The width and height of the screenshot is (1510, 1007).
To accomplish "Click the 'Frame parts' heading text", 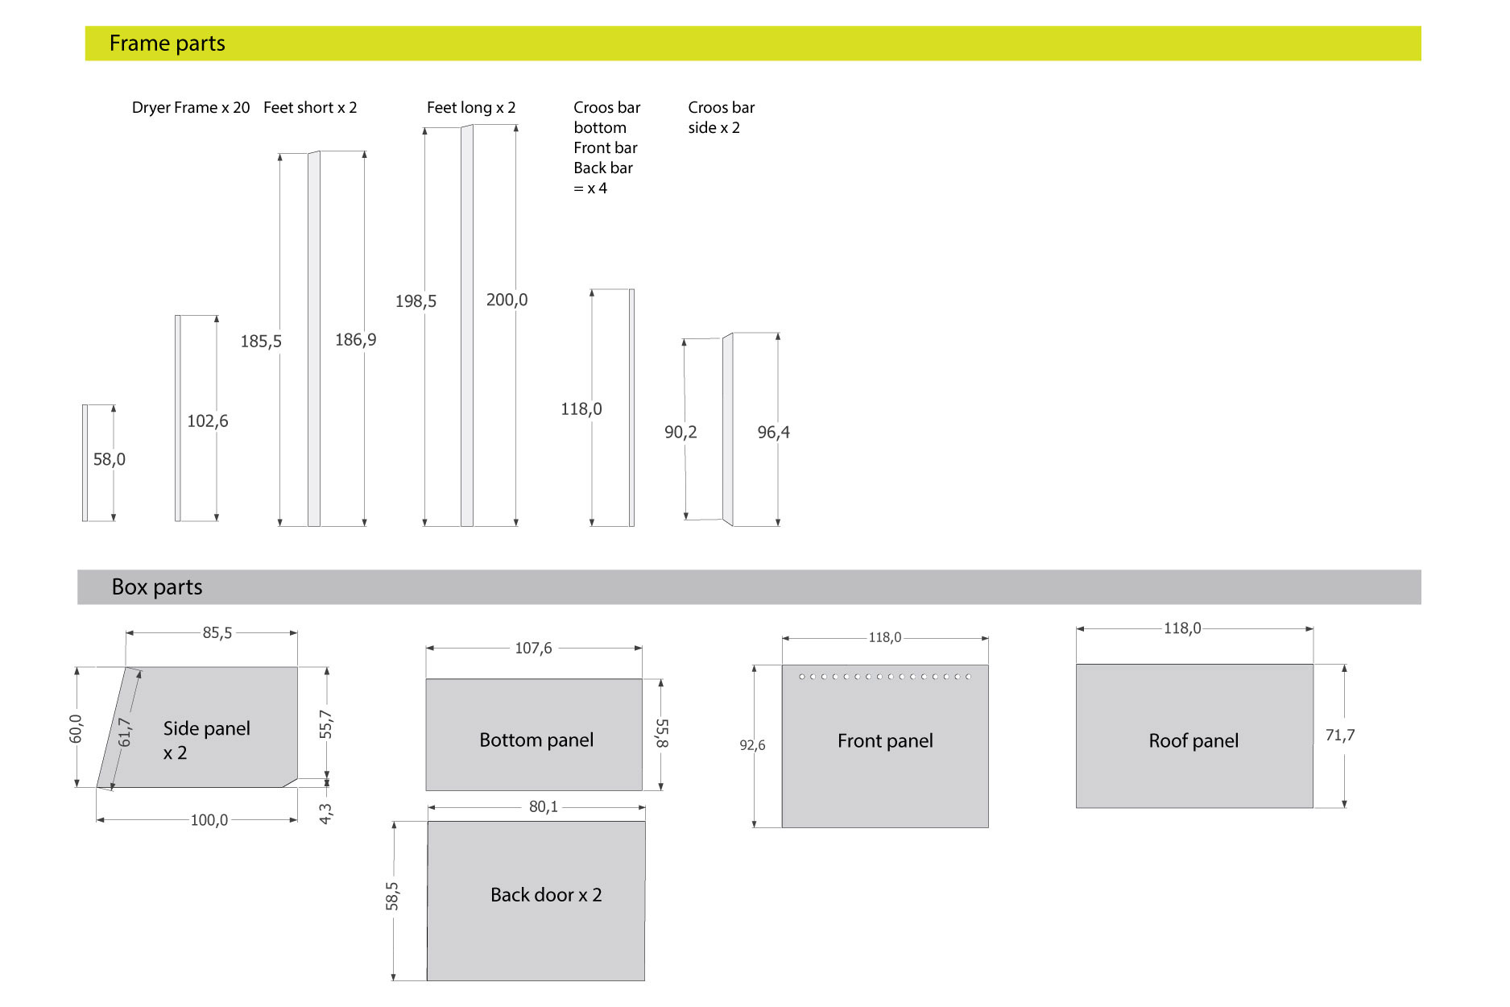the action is pyautogui.click(x=167, y=44).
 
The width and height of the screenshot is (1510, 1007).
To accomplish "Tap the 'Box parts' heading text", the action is pyautogui.click(x=157, y=587).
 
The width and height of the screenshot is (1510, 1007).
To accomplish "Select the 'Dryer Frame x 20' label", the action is pyautogui.click(x=191, y=108).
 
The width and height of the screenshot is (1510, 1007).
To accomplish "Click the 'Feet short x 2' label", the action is pyautogui.click(x=310, y=108).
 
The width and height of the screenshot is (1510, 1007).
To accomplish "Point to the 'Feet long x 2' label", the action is pyautogui.click(x=471, y=108).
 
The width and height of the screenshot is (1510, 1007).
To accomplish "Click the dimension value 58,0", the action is pyautogui.click(x=110, y=459).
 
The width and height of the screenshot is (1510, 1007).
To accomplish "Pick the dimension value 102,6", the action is pyautogui.click(x=208, y=421).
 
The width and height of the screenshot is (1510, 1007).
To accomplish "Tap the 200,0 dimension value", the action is pyautogui.click(x=507, y=300).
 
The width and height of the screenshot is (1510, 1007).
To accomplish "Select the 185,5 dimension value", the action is pyautogui.click(x=261, y=342).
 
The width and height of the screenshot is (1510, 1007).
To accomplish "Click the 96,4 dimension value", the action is pyautogui.click(x=773, y=433).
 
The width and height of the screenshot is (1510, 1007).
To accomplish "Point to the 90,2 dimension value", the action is pyautogui.click(x=681, y=433).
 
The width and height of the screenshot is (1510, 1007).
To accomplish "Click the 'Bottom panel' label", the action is pyautogui.click(x=536, y=740).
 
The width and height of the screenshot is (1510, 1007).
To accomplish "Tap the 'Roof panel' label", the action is pyautogui.click(x=1194, y=741).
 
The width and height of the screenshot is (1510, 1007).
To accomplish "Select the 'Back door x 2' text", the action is pyautogui.click(x=546, y=895).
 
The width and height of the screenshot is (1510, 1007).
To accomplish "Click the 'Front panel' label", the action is pyautogui.click(x=885, y=741).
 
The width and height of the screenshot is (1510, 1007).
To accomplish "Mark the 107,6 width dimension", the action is pyautogui.click(x=534, y=649).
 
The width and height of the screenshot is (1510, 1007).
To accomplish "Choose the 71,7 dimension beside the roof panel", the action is pyautogui.click(x=1340, y=736).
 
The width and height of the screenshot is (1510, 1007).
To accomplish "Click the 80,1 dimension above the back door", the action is pyautogui.click(x=544, y=807).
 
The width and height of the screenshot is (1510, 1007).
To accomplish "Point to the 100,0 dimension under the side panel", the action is pyautogui.click(x=209, y=820).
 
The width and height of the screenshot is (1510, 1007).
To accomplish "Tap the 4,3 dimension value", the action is pyautogui.click(x=325, y=814).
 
